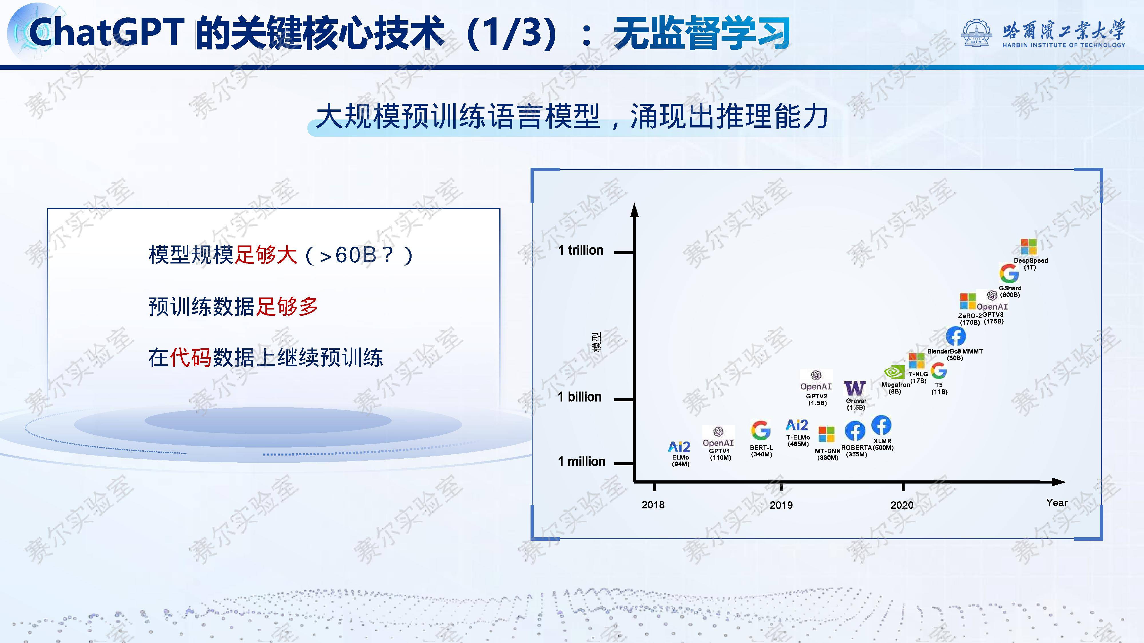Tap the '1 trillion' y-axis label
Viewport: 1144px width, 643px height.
click(581, 250)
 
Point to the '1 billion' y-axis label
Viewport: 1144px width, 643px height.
click(579, 397)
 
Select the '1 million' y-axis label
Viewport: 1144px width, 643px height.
click(581, 462)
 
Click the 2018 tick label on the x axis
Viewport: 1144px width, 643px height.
click(653, 505)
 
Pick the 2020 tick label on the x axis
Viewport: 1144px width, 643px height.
click(902, 505)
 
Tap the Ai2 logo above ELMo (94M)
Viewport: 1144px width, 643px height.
click(680, 446)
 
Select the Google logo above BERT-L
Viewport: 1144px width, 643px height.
click(761, 430)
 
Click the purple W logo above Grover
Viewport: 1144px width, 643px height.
click(855, 388)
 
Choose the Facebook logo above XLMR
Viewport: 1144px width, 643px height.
click(881, 425)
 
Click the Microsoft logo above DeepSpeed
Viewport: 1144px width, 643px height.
click(1028, 247)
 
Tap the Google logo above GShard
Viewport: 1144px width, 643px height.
click(1009, 273)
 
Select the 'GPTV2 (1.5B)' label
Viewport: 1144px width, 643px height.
click(817, 400)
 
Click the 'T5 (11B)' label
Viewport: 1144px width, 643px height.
click(939, 388)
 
